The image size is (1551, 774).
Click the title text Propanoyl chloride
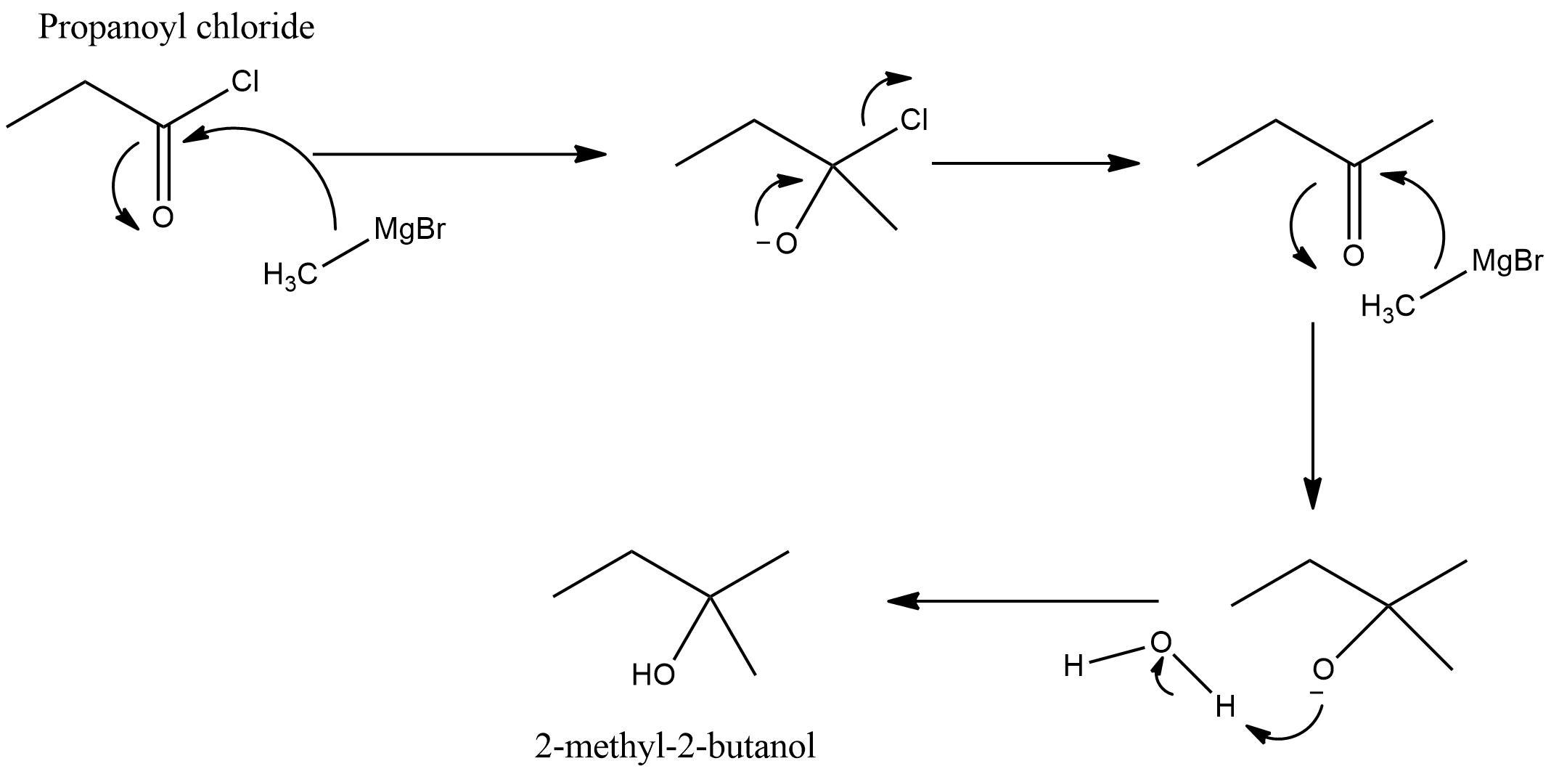tap(176, 28)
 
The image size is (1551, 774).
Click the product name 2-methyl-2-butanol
tap(675, 746)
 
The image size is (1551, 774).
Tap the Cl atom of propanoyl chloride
tap(245, 82)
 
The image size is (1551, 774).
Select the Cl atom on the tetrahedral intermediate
tap(914, 120)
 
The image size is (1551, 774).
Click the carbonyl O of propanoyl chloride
tap(163, 217)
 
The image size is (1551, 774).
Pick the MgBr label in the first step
tap(409, 229)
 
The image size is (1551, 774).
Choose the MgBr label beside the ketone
tap(1507, 261)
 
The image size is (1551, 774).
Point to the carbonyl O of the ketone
tap(1353, 256)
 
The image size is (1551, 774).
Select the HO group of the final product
tap(653, 675)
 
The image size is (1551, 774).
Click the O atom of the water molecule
tap(1161, 642)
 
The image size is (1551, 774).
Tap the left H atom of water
tap(1073, 666)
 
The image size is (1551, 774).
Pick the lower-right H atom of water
tap(1225, 706)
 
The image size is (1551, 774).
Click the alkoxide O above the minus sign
tap(1322, 669)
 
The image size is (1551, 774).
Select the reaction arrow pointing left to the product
tap(1023, 601)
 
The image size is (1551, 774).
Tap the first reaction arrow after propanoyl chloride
tap(459, 154)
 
